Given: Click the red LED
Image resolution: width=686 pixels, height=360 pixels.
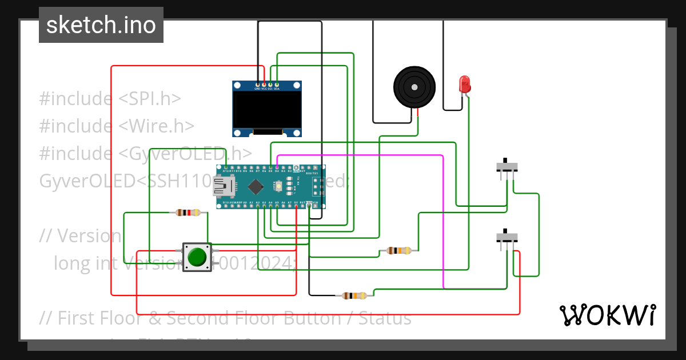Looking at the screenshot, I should [x=465, y=84].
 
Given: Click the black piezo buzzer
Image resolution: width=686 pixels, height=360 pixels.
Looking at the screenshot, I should [x=414, y=87].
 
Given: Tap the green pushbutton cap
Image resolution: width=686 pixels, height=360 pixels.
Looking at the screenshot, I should [x=197, y=257].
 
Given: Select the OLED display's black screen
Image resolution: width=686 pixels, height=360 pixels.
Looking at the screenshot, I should [x=267, y=110].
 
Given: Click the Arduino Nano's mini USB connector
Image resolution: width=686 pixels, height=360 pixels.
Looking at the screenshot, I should [x=222, y=185].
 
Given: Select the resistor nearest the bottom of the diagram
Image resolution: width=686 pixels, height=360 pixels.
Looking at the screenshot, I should [x=354, y=295].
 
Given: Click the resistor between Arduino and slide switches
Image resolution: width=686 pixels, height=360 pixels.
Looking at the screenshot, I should [x=398, y=250].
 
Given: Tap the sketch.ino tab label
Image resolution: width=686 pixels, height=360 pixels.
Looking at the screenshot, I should [x=101, y=25].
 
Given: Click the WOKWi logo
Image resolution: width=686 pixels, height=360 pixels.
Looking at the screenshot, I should [x=607, y=315].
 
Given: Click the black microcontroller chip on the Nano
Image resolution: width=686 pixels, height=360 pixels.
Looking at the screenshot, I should [x=256, y=186].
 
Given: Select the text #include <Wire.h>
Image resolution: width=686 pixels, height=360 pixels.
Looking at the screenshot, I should [x=117, y=126].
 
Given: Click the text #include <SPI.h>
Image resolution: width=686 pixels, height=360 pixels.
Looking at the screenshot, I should [x=110, y=98].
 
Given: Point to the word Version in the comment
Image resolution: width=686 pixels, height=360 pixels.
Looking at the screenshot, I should [x=89, y=235].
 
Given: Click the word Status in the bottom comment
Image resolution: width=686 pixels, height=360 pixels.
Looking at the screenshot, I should [x=384, y=318].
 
